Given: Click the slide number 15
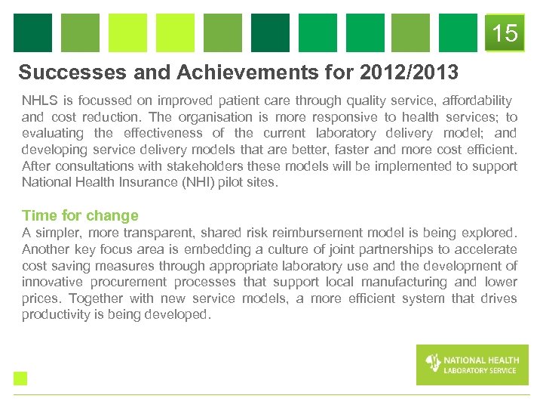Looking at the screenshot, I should (505, 33).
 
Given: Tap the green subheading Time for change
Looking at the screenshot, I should (80, 216).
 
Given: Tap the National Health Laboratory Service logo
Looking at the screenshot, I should (472, 365).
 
